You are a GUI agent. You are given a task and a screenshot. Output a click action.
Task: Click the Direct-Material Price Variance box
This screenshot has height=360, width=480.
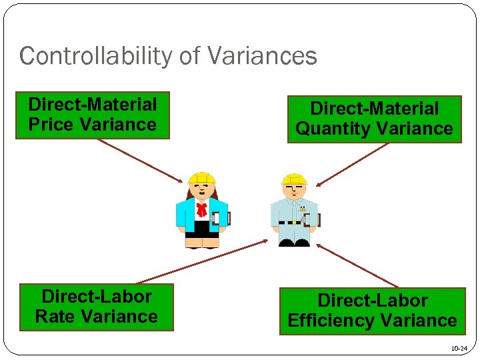click(93, 115)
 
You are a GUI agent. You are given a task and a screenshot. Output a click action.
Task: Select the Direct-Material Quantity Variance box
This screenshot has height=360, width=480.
click(374, 119)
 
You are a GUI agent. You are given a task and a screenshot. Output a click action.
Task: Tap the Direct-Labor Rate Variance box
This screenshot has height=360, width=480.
click(96, 307)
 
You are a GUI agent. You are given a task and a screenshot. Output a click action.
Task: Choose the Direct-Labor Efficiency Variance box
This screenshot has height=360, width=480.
click(372, 311)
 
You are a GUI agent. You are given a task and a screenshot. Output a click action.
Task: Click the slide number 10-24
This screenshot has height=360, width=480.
click(459, 349)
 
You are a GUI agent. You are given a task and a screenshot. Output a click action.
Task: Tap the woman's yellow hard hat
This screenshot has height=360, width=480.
click(201, 178)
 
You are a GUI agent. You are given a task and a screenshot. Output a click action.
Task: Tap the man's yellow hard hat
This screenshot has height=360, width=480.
click(294, 179)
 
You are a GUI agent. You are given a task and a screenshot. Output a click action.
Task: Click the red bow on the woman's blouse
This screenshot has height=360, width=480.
click(201, 210)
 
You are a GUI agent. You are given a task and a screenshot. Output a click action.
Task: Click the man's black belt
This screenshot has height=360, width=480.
click(293, 221)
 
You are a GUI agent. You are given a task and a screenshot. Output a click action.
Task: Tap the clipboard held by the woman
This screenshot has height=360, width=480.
click(224, 218)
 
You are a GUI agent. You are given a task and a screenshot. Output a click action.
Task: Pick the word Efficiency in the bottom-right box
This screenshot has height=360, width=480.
click(332, 321)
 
